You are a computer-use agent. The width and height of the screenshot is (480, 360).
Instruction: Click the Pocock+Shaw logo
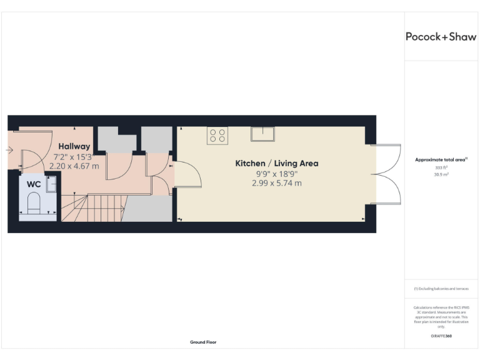pyautogui.click(x=441, y=36)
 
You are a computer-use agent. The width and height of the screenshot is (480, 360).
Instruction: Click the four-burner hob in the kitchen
pyautogui.click(x=217, y=135)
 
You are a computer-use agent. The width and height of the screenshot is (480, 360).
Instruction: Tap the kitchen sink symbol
pyautogui.click(x=262, y=134)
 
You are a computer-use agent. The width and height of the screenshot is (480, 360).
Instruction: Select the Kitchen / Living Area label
pyautogui.click(x=276, y=164)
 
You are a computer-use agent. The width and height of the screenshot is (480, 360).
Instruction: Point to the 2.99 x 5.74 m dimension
pyautogui.click(x=276, y=183)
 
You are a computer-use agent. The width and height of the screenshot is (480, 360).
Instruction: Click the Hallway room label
pyautogui.click(x=74, y=146)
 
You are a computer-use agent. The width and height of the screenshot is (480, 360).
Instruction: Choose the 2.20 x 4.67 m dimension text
pyautogui.click(x=74, y=166)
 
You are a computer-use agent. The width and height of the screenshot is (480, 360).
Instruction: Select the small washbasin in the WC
pyautogui.click(x=51, y=184)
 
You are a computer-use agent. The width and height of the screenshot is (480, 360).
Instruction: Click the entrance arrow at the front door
pyautogui.click(x=9, y=150)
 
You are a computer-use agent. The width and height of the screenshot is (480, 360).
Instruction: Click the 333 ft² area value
pyautogui.click(x=441, y=168)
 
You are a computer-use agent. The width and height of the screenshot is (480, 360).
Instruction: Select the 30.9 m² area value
pyautogui.click(x=441, y=175)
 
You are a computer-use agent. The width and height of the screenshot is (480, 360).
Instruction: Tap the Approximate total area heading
pyautogui.click(x=441, y=160)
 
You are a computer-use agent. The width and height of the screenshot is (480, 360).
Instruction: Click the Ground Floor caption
pyautogui.click(x=203, y=342)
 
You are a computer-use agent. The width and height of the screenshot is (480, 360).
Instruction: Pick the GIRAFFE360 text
pyautogui.click(x=441, y=336)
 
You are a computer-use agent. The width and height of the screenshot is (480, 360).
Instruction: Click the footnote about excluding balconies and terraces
pyautogui.click(x=441, y=289)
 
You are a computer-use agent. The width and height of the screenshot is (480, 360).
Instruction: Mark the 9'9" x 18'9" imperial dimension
pyautogui.click(x=276, y=174)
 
